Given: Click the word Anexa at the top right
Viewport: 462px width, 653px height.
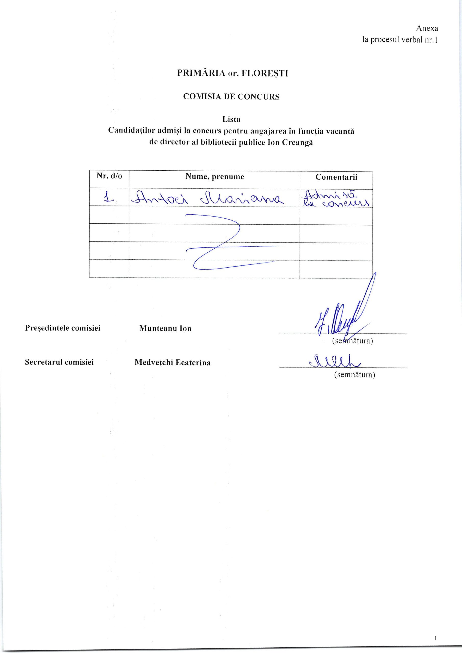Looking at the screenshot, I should (427, 28).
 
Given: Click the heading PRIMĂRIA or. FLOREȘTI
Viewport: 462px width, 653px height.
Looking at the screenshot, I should (233, 73).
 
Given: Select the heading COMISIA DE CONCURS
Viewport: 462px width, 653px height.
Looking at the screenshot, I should (231, 97).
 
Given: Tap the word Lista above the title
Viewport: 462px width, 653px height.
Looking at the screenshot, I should (232, 119).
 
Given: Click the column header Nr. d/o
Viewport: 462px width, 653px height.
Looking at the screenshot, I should (109, 176).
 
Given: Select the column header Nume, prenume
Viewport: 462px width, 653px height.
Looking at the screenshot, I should (215, 177).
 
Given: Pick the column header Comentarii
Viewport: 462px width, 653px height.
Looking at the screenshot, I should (336, 177).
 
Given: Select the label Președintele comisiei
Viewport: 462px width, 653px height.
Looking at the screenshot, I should (63, 328).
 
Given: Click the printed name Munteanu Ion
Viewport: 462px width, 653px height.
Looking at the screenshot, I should (165, 329).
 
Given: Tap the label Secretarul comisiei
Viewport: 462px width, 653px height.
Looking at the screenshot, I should (59, 362).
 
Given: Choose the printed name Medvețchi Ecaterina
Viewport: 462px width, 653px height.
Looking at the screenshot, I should (173, 363).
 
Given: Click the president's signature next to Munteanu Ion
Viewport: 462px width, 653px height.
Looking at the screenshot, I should (339, 316).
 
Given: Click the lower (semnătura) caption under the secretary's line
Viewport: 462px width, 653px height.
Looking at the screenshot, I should (354, 375).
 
